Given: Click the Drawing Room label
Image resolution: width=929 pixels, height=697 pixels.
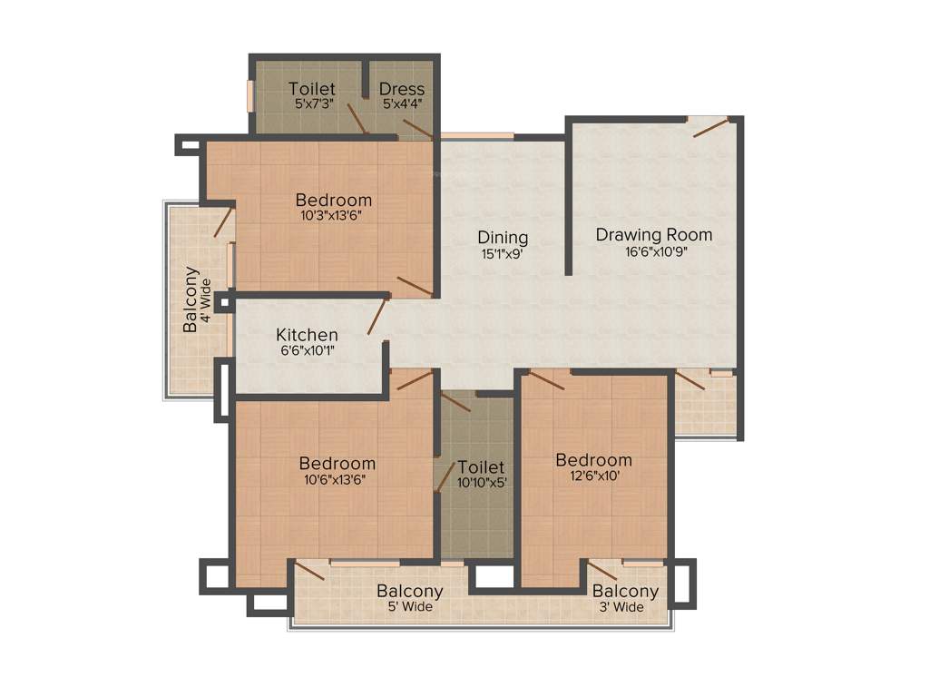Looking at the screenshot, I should tap(653, 235).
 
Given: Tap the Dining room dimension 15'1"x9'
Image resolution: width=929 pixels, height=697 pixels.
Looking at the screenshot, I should tap(504, 255).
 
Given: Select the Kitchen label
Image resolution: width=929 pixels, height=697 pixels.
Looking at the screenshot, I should tap(307, 335).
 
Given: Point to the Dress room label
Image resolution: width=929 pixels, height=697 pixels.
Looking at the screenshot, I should tap(402, 89).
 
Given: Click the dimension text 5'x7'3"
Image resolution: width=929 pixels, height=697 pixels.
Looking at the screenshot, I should tap(312, 104).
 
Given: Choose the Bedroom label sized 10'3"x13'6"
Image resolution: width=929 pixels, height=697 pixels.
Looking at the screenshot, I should tap(334, 200).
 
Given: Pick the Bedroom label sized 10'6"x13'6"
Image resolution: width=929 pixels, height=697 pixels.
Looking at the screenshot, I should tap(337, 463).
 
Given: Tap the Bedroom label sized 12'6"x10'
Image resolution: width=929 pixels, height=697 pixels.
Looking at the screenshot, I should tap(593, 459).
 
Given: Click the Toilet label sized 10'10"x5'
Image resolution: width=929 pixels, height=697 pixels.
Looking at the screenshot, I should tap(481, 467).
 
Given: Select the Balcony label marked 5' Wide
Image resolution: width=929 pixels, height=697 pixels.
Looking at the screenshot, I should tap(409, 591).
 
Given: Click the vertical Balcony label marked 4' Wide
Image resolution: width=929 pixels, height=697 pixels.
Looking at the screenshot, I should tap(191, 299).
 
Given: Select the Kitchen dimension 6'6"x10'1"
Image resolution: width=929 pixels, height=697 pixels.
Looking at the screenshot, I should tap(307, 351).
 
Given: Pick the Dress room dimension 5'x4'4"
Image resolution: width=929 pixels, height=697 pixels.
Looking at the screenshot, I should tap(402, 104).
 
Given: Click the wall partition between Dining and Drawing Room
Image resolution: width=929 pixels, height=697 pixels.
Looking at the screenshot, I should tap(568, 195).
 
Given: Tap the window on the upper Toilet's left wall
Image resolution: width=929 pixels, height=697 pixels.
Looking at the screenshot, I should tap(250, 95).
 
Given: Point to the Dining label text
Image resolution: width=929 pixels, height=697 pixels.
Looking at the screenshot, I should tap(504, 238).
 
